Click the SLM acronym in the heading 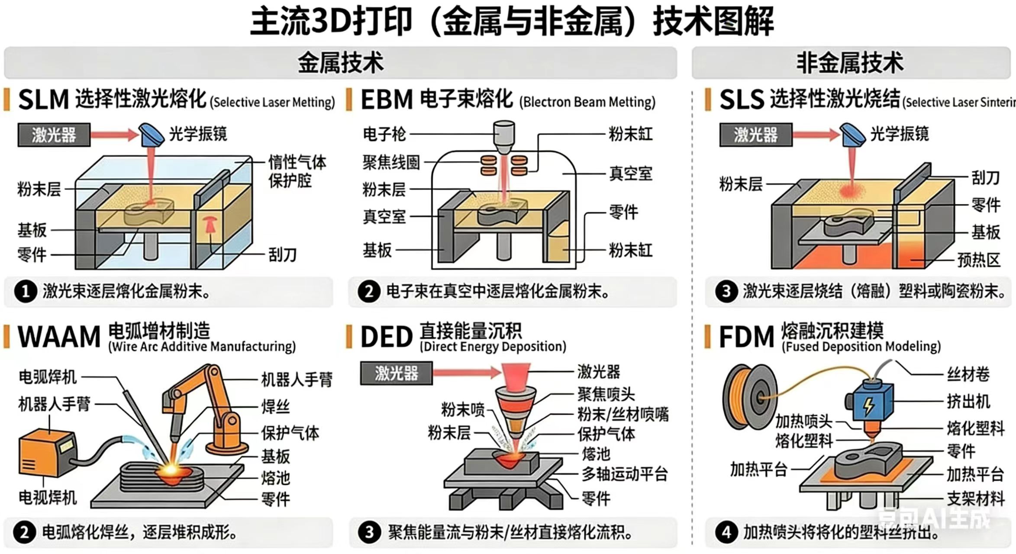coord(43,100)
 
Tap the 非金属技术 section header coord(850,63)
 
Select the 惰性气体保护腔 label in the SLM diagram coord(297,171)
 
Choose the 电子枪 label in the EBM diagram coord(384,134)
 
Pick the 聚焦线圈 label coord(391,163)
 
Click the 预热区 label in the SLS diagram coord(978,260)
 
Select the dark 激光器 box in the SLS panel coord(755,135)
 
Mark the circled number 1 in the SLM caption coord(25,291)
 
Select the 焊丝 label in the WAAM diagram coord(275,407)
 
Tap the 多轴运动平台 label coord(624,474)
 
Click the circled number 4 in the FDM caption coord(726,532)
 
